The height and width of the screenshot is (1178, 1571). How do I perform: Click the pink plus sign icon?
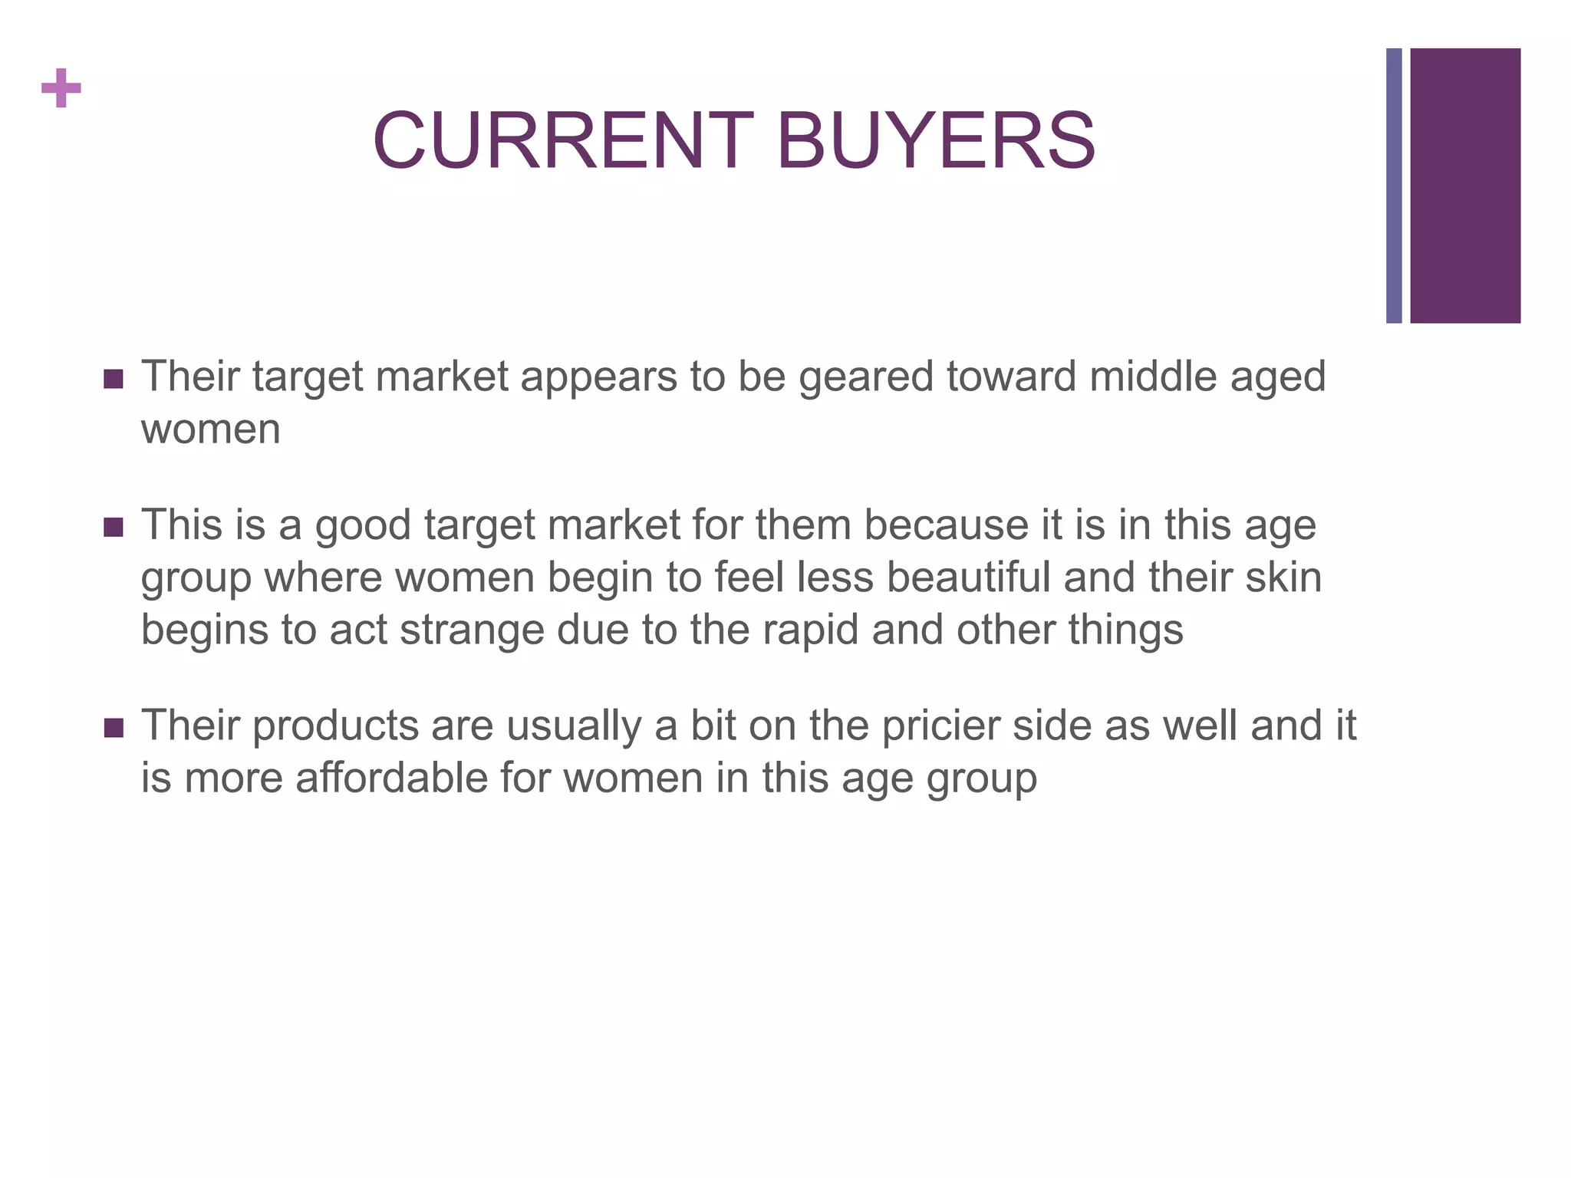click(61, 88)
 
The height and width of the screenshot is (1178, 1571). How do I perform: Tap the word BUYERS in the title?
click(936, 141)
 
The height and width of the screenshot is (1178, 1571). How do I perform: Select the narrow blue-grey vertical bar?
click(1394, 186)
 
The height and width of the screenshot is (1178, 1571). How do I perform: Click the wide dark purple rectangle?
click(1465, 186)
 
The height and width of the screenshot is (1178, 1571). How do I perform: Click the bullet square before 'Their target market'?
click(113, 379)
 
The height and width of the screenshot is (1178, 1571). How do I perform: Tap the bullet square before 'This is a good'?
click(113, 528)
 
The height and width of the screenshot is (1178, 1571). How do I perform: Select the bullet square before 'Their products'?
click(113, 728)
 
